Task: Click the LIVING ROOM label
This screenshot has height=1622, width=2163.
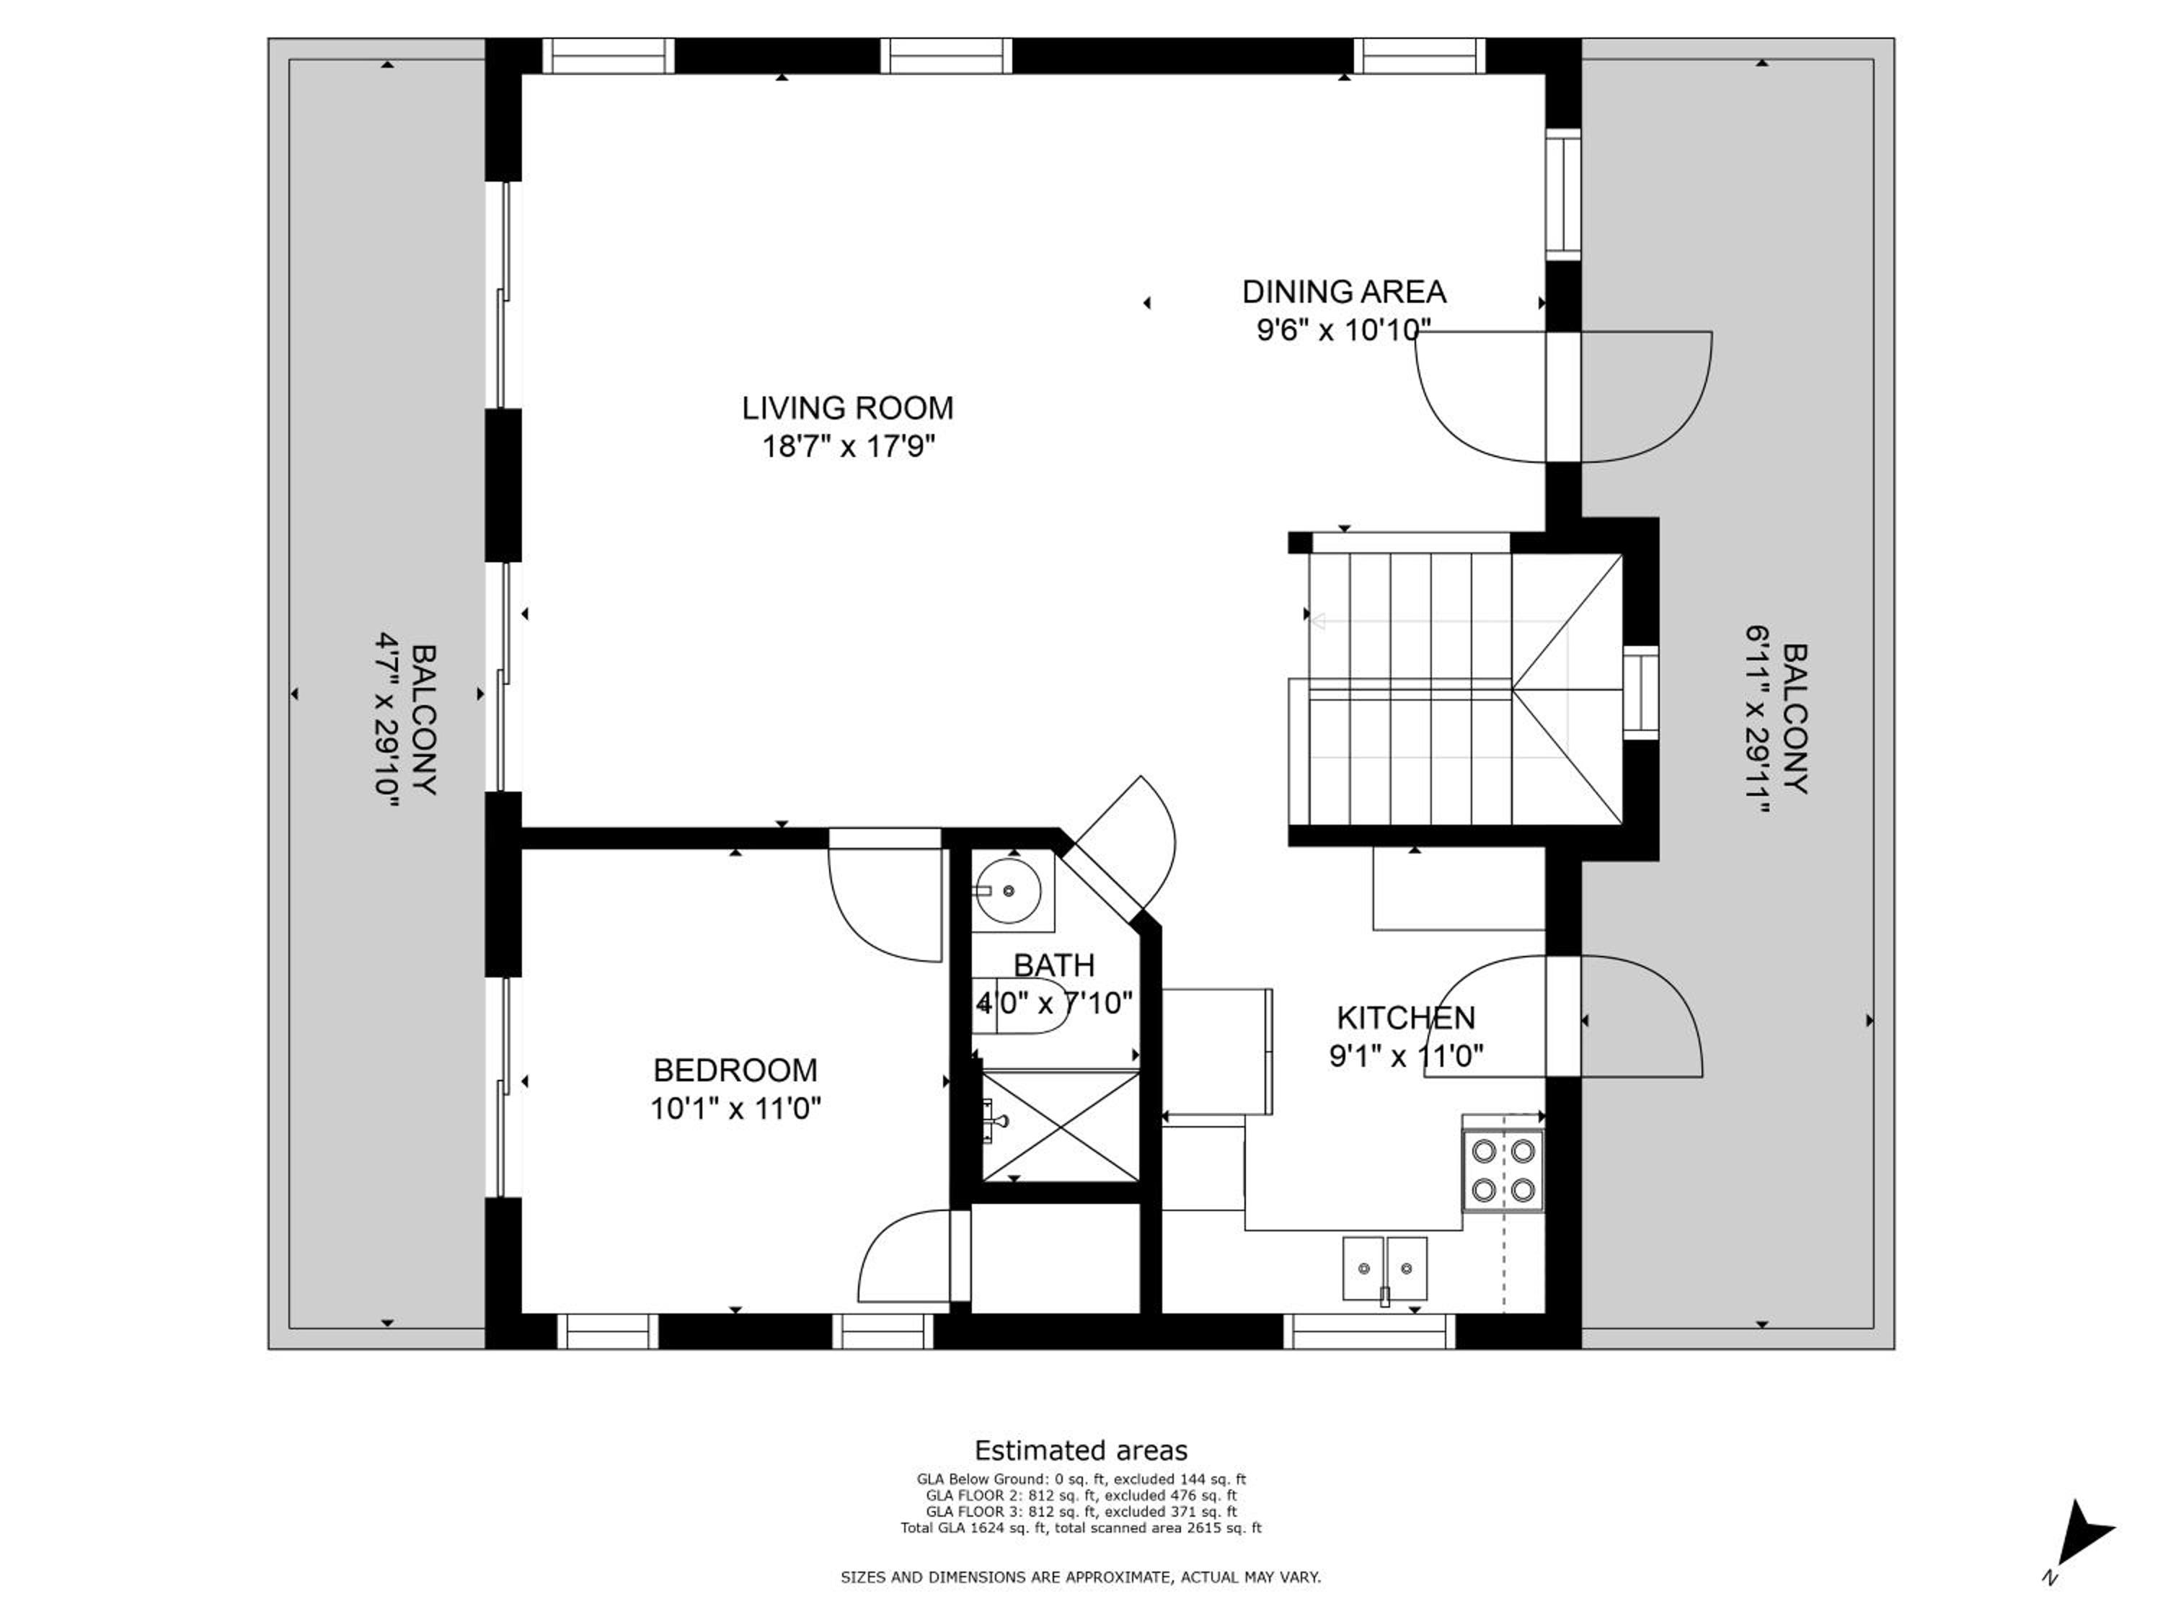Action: pos(847,408)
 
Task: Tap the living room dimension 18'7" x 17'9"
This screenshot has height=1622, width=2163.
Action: pos(849,447)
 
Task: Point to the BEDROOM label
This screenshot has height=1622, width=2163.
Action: pos(735,1071)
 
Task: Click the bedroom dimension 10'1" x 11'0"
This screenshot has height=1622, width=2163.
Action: pos(735,1109)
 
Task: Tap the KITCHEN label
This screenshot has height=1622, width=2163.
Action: pos(1406,1018)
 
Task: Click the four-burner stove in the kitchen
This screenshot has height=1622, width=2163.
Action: pos(1503,1170)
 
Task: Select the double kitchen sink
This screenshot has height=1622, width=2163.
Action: pos(1384,1269)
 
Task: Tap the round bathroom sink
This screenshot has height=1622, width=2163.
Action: pos(1007,891)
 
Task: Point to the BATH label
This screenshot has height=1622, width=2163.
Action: pos(1054,965)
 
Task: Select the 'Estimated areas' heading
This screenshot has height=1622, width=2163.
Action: pos(1081,1450)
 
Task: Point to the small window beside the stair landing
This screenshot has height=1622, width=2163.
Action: pos(1641,693)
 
